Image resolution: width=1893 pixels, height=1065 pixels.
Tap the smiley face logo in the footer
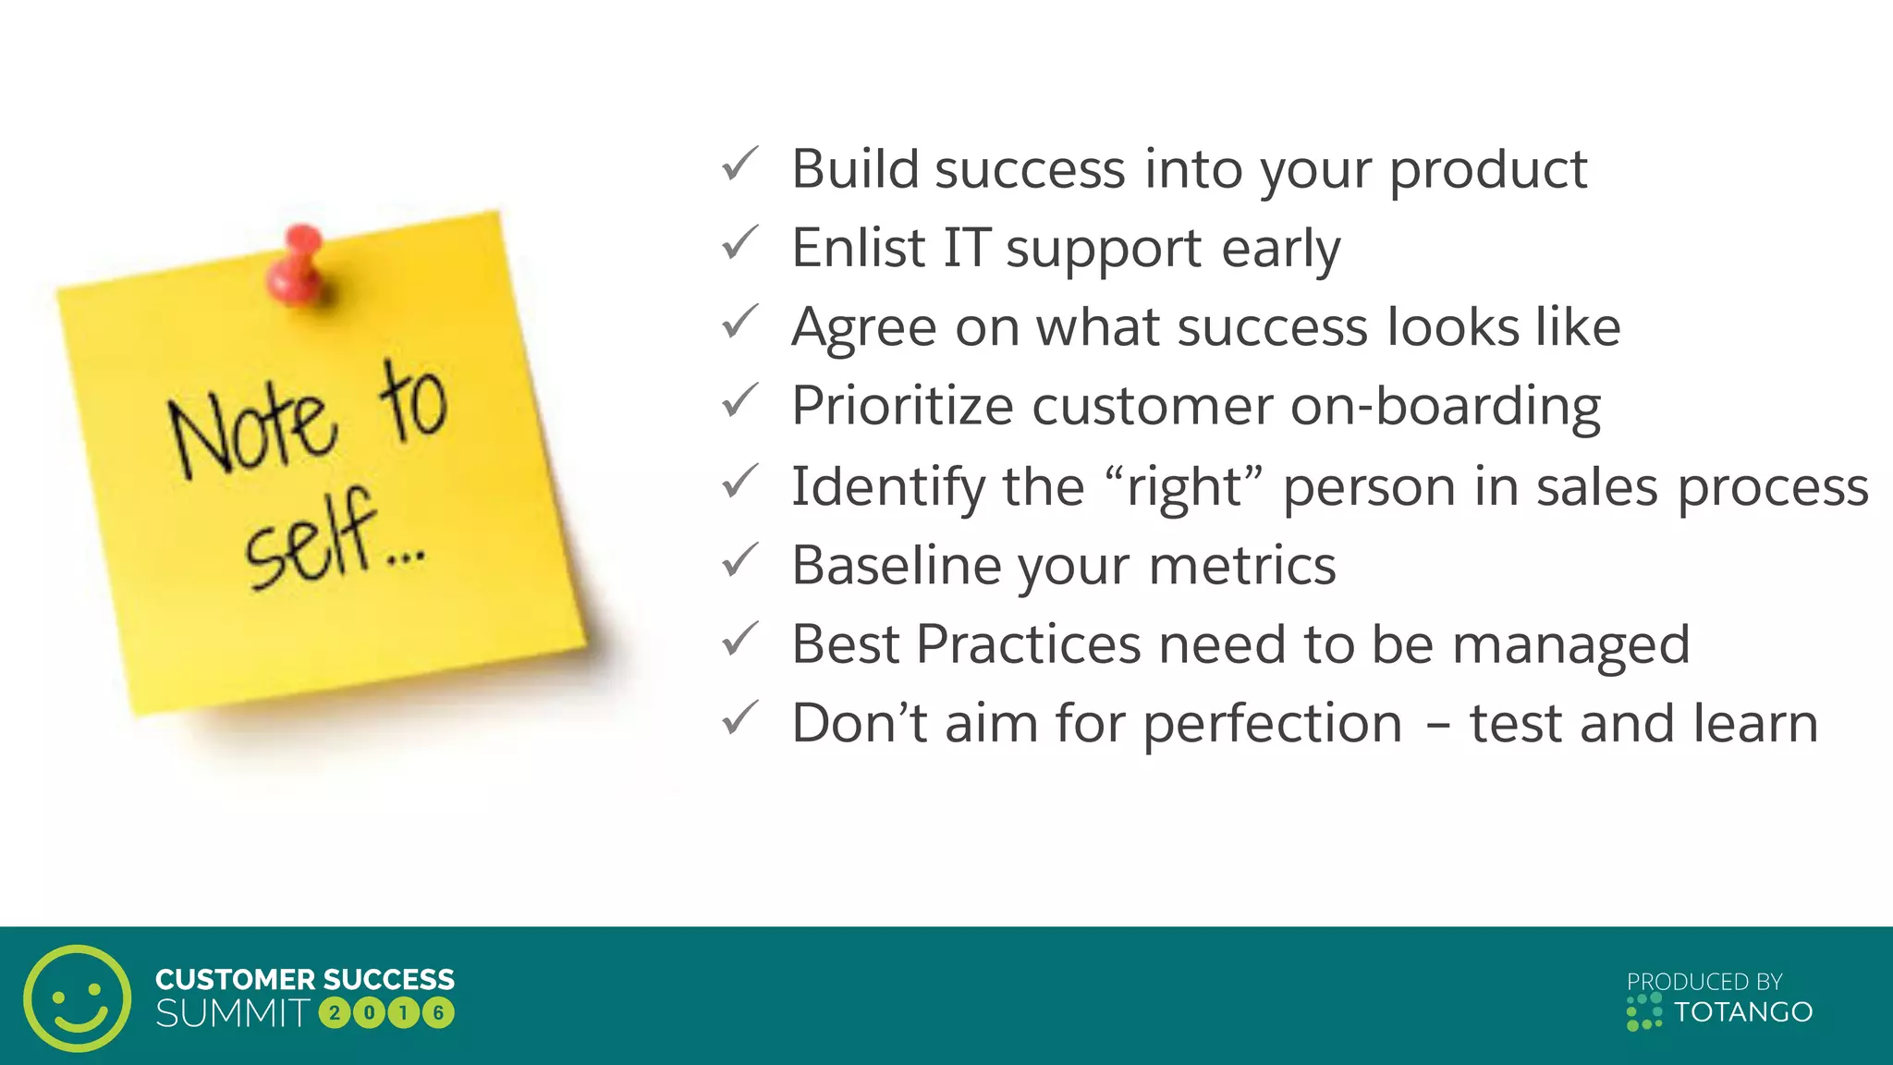(x=78, y=998)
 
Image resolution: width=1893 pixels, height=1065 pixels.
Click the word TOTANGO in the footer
(x=1743, y=1012)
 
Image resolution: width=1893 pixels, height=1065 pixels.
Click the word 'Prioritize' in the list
(x=902, y=407)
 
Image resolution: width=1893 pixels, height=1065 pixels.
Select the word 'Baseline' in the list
(x=896, y=565)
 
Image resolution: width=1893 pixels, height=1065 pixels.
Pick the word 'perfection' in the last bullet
(x=1273, y=724)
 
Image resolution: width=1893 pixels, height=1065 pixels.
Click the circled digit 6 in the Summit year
(x=439, y=1013)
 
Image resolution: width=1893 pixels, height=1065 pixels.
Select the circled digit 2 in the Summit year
(x=335, y=1013)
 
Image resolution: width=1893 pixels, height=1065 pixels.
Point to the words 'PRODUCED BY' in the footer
(x=1704, y=982)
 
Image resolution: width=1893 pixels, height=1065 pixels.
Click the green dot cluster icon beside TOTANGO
(x=1643, y=1012)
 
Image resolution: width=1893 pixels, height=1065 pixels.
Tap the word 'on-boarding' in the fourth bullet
(x=1445, y=407)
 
